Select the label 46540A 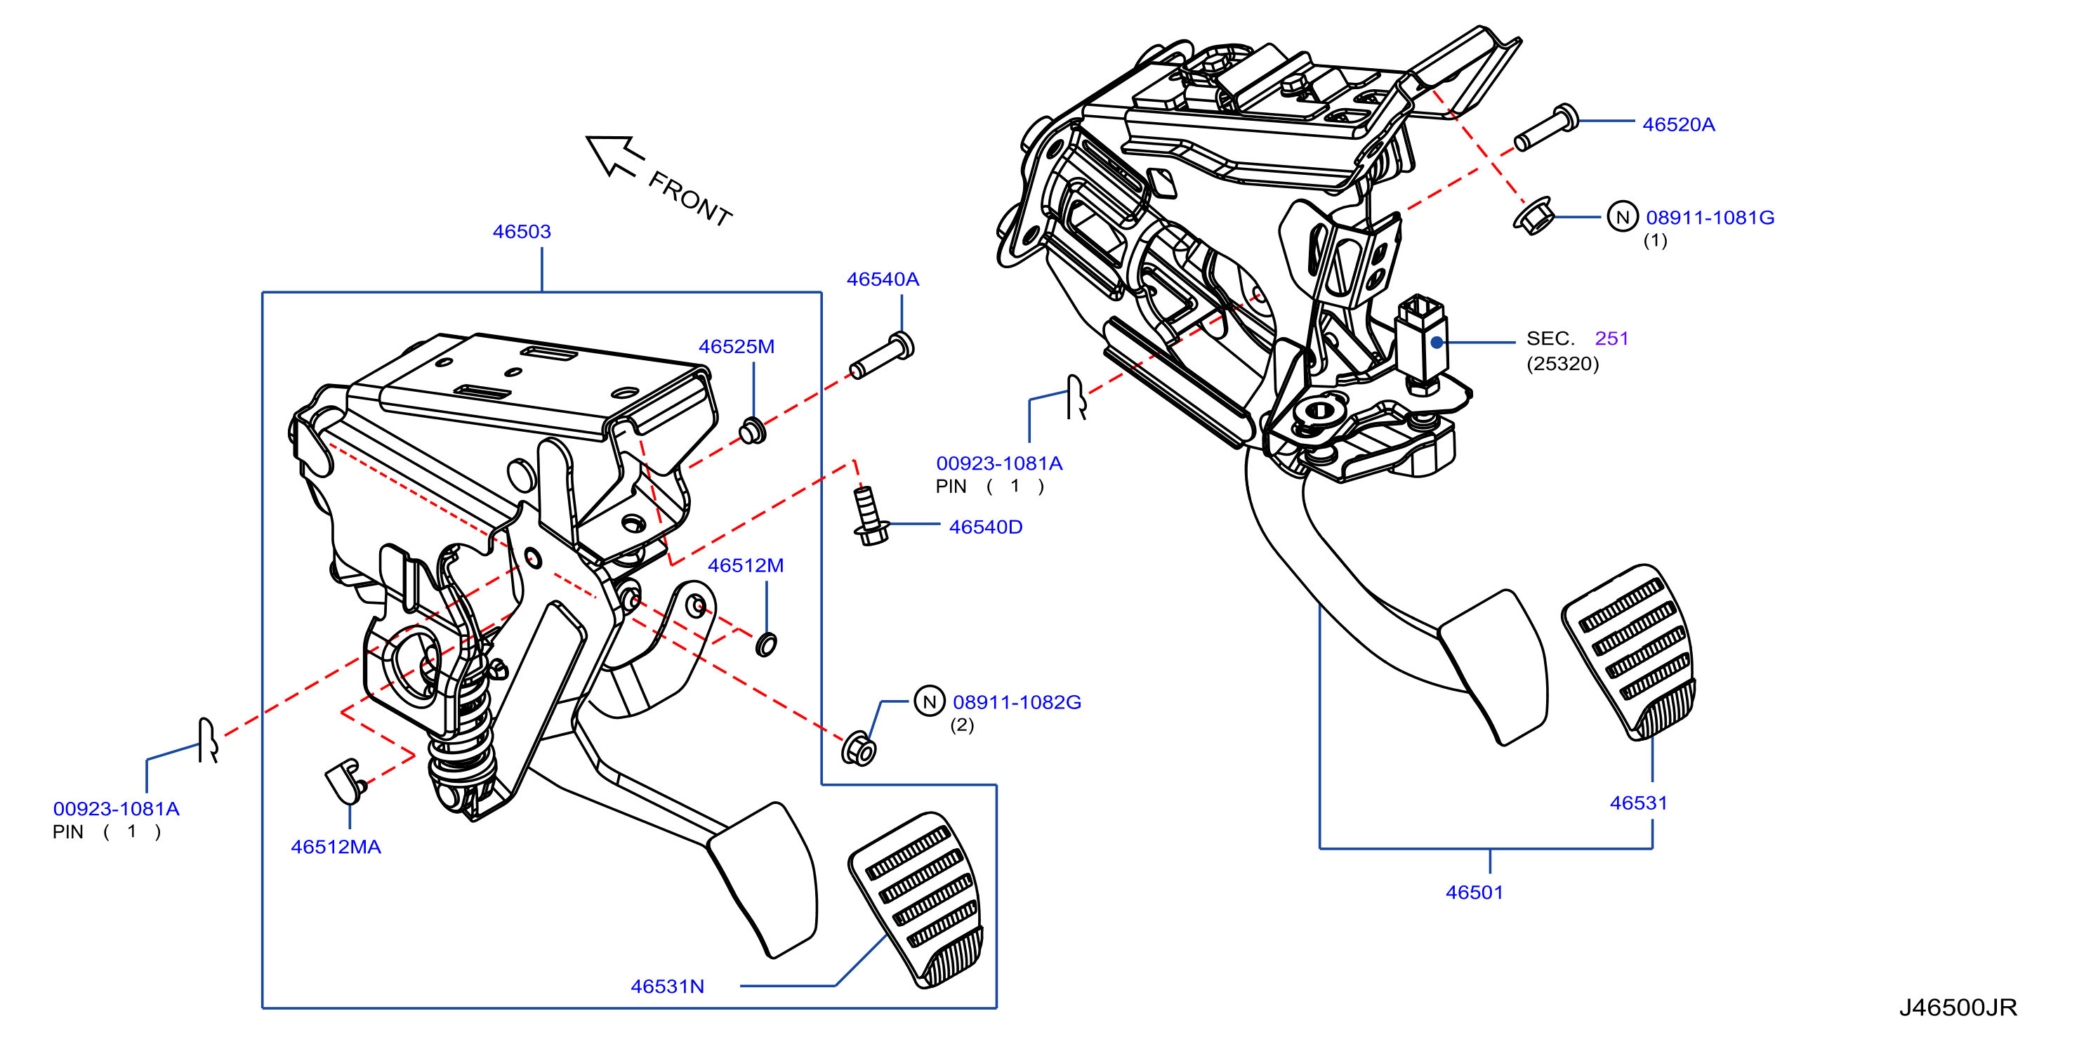pyautogui.click(x=883, y=279)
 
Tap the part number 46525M pyautogui.click(x=737, y=346)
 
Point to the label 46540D pyautogui.click(x=986, y=527)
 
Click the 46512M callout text pyautogui.click(x=745, y=565)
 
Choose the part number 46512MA pyautogui.click(x=336, y=848)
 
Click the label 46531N pyautogui.click(x=667, y=987)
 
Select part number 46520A pyautogui.click(x=1679, y=125)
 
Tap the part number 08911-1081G pyautogui.click(x=1710, y=218)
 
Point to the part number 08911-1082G pyautogui.click(x=1017, y=702)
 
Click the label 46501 pyautogui.click(x=1474, y=892)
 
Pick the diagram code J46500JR pyautogui.click(x=1958, y=1008)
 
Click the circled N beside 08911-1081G pyautogui.click(x=1623, y=217)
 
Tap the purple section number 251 pyautogui.click(x=1611, y=338)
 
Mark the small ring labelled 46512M pyautogui.click(x=765, y=645)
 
